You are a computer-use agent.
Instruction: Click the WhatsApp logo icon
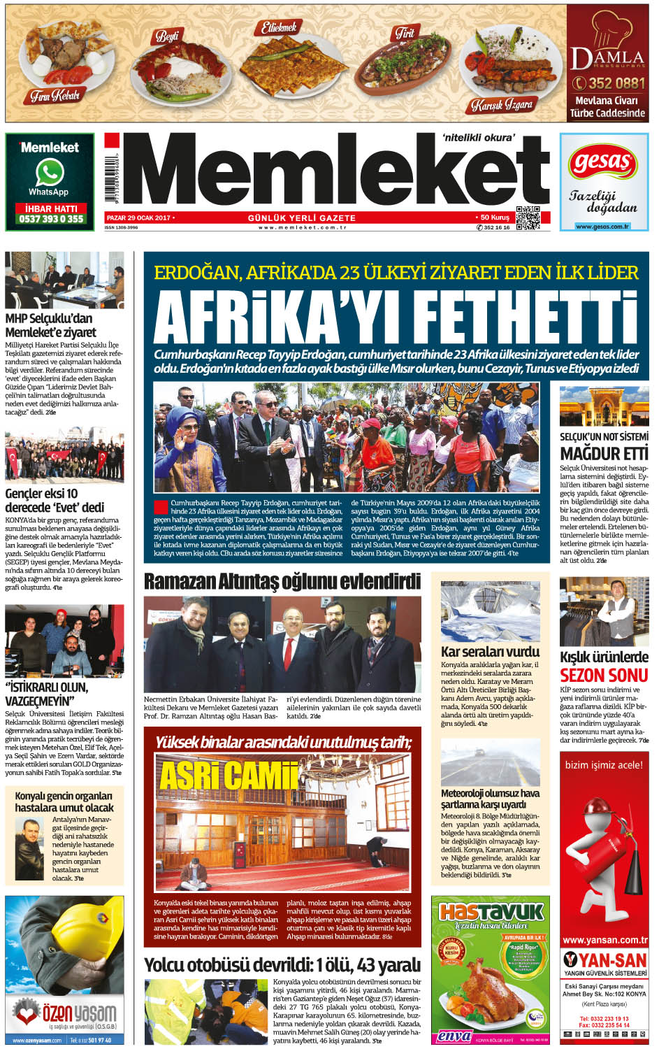tap(50, 172)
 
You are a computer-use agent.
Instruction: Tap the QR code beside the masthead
tap(528, 218)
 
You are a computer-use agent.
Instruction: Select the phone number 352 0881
tap(608, 83)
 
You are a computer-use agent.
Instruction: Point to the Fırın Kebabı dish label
tap(55, 96)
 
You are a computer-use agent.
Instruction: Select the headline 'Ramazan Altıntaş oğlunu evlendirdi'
tap(282, 581)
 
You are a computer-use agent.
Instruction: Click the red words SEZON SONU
tap(604, 676)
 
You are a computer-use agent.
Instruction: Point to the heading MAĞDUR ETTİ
tap(604, 453)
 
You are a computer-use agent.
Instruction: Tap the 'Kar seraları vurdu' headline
tap(490, 652)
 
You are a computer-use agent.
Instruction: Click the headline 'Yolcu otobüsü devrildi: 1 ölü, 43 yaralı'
tap(282, 965)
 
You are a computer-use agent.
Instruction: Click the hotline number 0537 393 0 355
tap(51, 219)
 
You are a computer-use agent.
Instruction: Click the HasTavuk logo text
tap(491, 912)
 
